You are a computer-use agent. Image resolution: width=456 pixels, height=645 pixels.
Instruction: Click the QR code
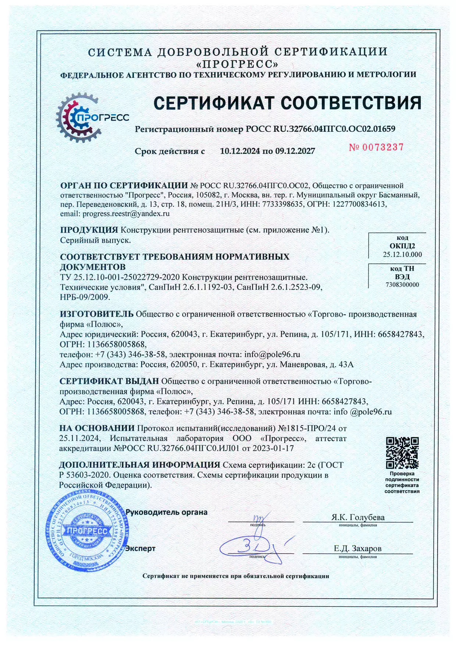point(402,453)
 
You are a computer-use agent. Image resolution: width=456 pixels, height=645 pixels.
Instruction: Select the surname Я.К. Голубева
point(358,517)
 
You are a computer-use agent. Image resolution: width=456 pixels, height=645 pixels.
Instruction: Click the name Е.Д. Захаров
point(357,549)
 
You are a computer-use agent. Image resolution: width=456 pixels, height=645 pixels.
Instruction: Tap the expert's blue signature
point(254,548)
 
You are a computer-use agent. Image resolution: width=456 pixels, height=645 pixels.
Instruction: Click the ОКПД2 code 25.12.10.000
point(402,254)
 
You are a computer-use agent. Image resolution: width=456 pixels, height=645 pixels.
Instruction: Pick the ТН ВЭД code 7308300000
point(402,285)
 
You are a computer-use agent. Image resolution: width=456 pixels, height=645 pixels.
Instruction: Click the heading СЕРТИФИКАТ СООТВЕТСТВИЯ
point(287,103)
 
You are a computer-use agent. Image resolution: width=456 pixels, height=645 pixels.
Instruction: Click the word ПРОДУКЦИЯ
point(89,230)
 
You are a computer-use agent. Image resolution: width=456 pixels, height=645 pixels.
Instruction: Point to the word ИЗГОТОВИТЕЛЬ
point(96,314)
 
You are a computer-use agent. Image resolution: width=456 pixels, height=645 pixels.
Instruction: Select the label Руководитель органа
point(166,512)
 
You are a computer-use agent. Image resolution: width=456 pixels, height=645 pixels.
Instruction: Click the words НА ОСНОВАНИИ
point(97,428)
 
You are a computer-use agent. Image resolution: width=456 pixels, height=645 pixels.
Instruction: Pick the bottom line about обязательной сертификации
point(236,576)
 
